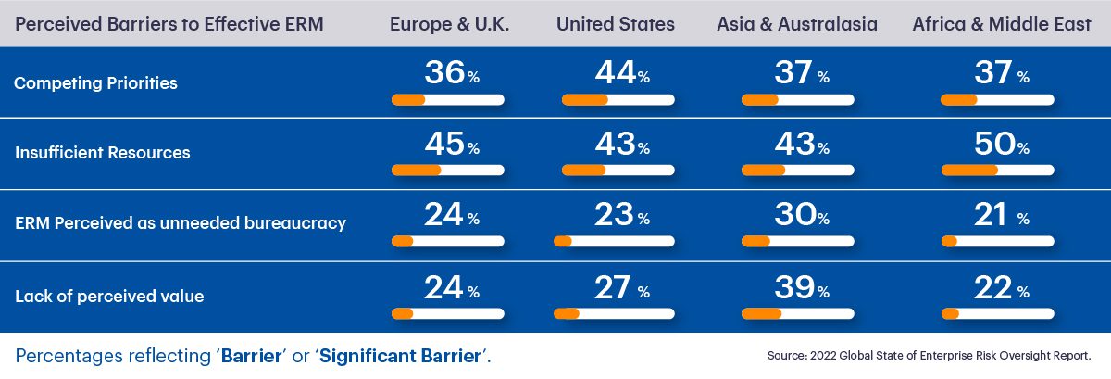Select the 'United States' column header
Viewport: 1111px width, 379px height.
616,24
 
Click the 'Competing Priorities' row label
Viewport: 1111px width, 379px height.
95,83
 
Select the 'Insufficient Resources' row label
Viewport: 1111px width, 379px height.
102,153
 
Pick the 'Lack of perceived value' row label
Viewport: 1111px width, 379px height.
109,297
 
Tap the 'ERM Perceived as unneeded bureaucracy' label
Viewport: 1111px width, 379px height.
180,223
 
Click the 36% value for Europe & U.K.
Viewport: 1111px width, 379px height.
448,73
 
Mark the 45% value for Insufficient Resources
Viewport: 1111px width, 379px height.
448,145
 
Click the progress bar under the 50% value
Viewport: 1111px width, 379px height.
997,171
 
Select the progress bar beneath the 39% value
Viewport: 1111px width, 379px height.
797,313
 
